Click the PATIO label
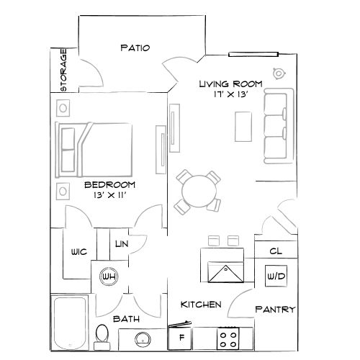(135, 48)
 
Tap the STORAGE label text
(63, 70)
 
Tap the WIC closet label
(79, 253)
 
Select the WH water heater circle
(109, 276)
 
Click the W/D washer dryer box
(274, 276)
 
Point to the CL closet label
(274, 252)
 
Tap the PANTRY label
(274, 310)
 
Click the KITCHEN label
(200, 305)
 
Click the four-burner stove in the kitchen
(229, 336)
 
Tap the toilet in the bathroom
(102, 336)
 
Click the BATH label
(127, 318)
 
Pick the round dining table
(197, 191)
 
